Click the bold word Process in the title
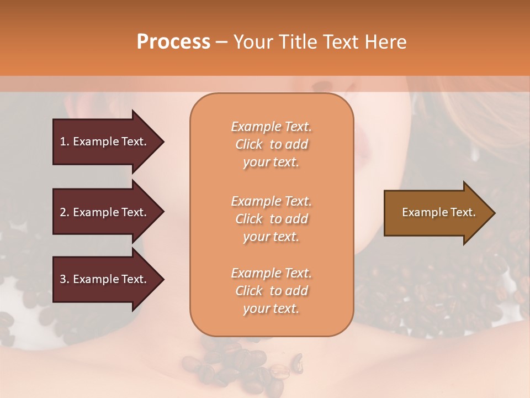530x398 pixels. pos(173,41)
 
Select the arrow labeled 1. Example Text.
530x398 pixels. pos(104,142)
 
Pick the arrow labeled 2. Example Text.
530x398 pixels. pos(104,212)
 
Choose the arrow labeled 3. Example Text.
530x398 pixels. pos(104,279)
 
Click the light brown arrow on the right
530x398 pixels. pos(436,212)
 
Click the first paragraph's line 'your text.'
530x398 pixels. pos(271,162)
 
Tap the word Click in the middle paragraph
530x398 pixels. pos(249,219)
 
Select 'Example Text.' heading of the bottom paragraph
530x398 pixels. pos(271,273)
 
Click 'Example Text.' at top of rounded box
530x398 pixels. pos(271,127)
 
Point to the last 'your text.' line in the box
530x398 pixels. pos(271,308)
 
